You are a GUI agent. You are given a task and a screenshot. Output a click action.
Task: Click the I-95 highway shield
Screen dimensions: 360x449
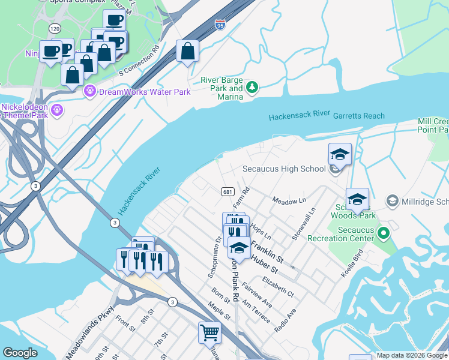(220, 25)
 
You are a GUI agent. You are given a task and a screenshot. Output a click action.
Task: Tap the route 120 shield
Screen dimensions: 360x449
(55, 28)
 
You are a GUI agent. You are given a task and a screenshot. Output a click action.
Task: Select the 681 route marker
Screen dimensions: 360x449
(227, 191)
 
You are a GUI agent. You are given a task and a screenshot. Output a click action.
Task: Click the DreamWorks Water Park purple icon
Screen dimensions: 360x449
(91, 92)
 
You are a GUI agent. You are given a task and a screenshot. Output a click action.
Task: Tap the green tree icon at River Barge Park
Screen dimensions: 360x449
(253, 88)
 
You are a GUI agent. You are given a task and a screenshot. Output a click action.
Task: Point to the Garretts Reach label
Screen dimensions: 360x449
(358, 116)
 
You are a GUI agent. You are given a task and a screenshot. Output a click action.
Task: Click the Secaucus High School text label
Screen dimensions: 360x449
(284, 169)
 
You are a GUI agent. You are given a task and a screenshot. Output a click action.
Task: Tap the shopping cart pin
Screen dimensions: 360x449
(210, 332)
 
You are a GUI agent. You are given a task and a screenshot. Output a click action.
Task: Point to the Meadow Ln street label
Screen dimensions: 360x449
(289, 200)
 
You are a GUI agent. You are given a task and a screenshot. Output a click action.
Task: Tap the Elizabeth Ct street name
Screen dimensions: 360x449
(277, 286)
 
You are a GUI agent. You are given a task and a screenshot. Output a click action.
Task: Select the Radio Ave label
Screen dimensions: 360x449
(285, 322)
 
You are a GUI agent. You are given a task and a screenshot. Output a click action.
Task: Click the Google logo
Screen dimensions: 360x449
(20, 353)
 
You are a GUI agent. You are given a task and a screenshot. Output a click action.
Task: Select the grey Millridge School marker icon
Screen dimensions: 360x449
(393, 200)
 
